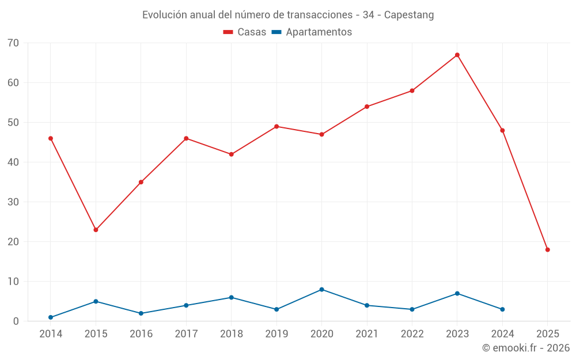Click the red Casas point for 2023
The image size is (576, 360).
[x=457, y=55]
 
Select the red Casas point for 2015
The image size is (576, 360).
[x=96, y=230]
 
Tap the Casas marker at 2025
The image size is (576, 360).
[x=548, y=249]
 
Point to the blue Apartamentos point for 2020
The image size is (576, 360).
[x=321, y=289]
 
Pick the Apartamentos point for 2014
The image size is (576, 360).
[x=51, y=317]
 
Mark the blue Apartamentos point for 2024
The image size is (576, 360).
[x=502, y=309]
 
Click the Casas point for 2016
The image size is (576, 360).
[x=141, y=182]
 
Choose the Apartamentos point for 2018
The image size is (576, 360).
[x=232, y=297]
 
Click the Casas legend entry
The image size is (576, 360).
[x=245, y=32]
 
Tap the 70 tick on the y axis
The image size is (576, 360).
[x=13, y=43]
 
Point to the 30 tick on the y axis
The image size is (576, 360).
[x=13, y=202]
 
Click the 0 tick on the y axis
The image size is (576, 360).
[x=16, y=321]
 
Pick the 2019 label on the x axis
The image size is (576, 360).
[x=276, y=334]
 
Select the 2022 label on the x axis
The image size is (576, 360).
[x=412, y=334]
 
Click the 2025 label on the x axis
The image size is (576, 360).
[x=548, y=334]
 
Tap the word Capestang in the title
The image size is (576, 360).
[x=409, y=15]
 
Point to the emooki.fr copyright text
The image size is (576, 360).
[x=526, y=348]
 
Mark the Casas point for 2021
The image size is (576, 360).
[x=367, y=107]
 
